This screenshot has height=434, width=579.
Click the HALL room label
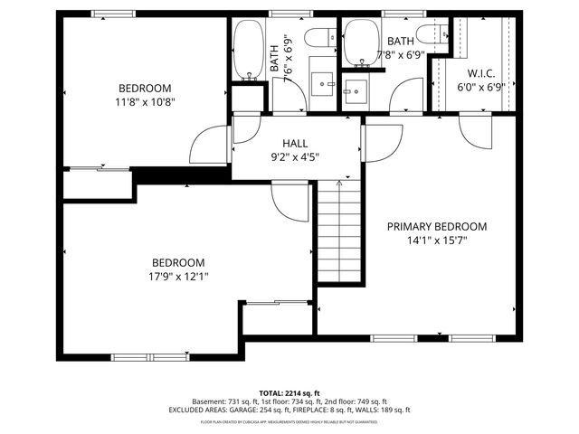(x=295, y=143)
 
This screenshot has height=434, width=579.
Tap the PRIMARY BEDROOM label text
(x=437, y=227)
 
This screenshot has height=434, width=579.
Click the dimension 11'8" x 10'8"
(x=146, y=102)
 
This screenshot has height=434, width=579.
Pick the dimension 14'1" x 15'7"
(x=437, y=241)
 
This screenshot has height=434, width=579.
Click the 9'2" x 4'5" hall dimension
(x=295, y=156)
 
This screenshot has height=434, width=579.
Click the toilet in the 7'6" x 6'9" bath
(x=315, y=38)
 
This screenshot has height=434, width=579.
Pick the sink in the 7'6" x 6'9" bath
(x=323, y=86)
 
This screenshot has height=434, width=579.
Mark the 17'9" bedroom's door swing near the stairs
(x=290, y=196)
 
